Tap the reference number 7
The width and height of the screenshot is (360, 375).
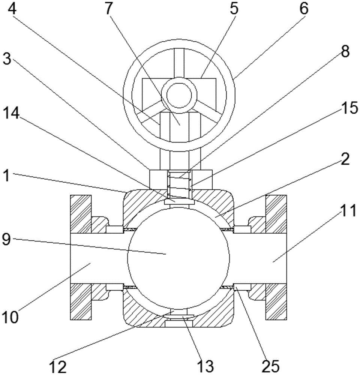108,9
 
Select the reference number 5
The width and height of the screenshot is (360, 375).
234,9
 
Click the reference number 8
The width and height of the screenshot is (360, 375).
345,51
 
